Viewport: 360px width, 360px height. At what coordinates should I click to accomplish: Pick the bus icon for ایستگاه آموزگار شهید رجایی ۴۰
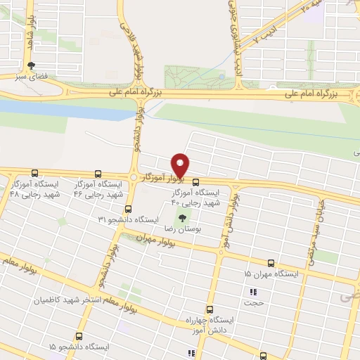pos(195,181)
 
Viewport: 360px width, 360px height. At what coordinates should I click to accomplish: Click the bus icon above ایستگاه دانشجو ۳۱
pos(128,209)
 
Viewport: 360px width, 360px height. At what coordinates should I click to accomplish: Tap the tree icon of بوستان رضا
pos(184,219)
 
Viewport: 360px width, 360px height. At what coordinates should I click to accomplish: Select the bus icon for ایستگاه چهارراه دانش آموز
pos(210,309)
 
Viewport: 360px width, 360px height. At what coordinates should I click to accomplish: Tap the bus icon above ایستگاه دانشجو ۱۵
pos(78,336)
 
